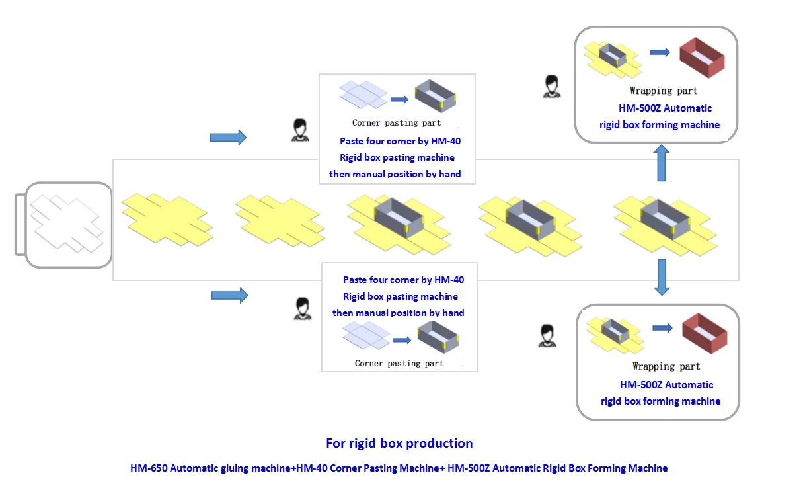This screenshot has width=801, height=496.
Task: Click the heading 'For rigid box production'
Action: (x=399, y=443)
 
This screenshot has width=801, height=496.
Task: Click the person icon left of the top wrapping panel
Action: (x=551, y=87)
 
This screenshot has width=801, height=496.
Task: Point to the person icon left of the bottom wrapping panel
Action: (x=547, y=335)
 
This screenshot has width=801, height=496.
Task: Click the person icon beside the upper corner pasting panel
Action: (x=300, y=130)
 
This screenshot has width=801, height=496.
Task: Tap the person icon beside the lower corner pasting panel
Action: (x=302, y=309)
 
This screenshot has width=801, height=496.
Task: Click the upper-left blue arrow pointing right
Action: (x=228, y=137)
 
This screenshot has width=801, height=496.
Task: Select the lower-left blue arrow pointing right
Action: (x=229, y=295)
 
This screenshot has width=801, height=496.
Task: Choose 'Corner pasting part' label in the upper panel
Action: (x=397, y=123)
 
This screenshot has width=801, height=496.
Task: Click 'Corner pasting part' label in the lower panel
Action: (x=399, y=363)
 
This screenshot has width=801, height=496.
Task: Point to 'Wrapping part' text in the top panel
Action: (x=664, y=91)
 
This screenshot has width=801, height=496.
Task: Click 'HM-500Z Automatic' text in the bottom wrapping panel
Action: (x=666, y=384)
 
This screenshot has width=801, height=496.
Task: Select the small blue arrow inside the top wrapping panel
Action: (x=660, y=52)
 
